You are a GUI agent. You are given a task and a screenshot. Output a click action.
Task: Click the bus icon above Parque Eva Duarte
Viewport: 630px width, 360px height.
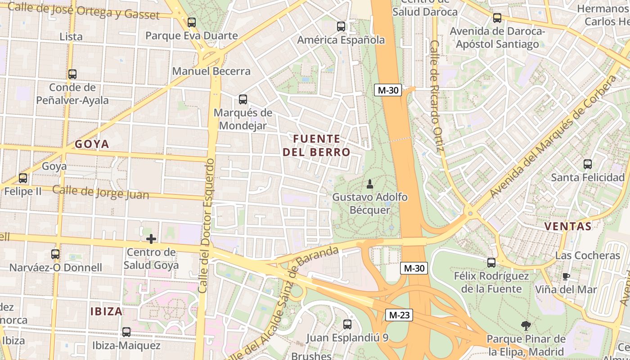192,22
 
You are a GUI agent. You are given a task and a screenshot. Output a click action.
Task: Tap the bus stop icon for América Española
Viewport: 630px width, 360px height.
341,27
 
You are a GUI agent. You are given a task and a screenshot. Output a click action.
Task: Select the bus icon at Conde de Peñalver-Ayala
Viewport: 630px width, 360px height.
72,74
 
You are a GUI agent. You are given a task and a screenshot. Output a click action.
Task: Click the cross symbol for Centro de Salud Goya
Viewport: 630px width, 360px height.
151,238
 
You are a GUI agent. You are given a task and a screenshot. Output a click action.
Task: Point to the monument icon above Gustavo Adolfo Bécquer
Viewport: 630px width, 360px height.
370,184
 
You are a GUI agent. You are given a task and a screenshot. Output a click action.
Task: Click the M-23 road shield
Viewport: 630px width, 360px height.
399,315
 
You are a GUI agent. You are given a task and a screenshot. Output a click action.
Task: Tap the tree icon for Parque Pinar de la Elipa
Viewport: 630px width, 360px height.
526,326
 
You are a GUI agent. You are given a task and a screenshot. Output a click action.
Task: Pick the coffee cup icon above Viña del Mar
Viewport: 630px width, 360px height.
566,276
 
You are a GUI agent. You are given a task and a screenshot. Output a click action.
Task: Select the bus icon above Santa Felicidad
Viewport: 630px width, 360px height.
588,164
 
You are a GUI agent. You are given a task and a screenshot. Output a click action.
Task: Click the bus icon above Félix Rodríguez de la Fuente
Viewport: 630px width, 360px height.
491,262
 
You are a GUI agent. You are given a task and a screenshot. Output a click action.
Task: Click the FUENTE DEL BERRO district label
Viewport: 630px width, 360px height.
316,145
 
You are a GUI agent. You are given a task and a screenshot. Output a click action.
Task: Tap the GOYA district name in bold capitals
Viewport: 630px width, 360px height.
92,144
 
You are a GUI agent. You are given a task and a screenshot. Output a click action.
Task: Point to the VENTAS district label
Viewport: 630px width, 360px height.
568,226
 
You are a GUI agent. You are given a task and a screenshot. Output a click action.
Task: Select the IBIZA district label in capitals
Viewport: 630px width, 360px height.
106,311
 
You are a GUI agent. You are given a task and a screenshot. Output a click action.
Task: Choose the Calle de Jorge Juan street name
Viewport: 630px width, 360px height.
100,192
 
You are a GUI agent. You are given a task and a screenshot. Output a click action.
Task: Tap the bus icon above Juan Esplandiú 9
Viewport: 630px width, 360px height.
347,324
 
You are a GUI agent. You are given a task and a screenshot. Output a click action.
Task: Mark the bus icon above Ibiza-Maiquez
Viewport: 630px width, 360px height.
126,332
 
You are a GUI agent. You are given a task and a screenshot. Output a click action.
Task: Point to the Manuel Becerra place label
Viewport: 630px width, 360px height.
211,71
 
